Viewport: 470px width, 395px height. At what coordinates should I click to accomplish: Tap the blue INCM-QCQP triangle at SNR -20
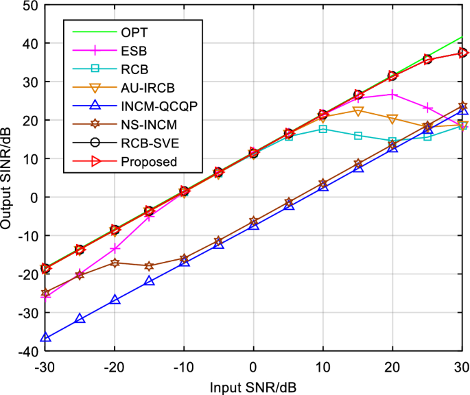[x=115, y=300]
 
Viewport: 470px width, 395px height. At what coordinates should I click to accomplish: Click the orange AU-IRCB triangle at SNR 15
[x=357, y=111]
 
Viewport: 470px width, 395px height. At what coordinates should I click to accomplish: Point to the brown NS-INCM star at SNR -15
[x=150, y=265]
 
